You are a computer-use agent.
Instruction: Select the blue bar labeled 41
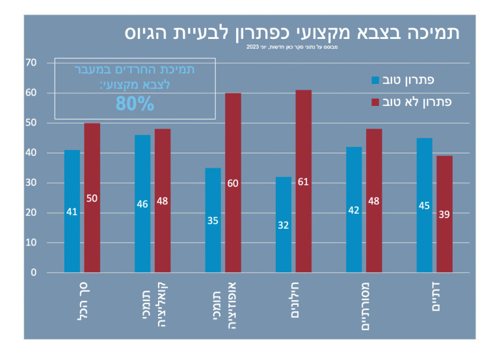pyautogui.click(x=72, y=211)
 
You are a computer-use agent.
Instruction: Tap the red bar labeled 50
pyautogui.click(x=92, y=198)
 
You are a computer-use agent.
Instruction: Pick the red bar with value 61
pyautogui.click(x=303, y=181)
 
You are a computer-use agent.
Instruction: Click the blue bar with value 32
pyautogui.click(x=284, y=225)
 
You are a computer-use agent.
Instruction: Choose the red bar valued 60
pyautogui.click(x=233, y=183)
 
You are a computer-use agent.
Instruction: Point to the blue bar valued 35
pyautogui.click(x=213, y=220)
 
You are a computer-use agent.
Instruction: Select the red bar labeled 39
pyautogui.click(x=444, y=214)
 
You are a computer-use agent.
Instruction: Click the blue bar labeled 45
pyautogui.click(x=424, y=205)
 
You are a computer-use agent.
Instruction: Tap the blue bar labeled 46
pyautogui.click(x=142, y=203)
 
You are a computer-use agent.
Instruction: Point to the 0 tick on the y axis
pyautogui.click(x=33, y=273)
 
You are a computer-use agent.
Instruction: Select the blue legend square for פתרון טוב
pyautogui.click(x=375, y=81)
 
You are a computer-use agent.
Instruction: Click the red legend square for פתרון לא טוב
pyautogui.click(x=375, y=102)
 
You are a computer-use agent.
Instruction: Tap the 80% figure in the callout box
pyautogui.click(x=135, y=103)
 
